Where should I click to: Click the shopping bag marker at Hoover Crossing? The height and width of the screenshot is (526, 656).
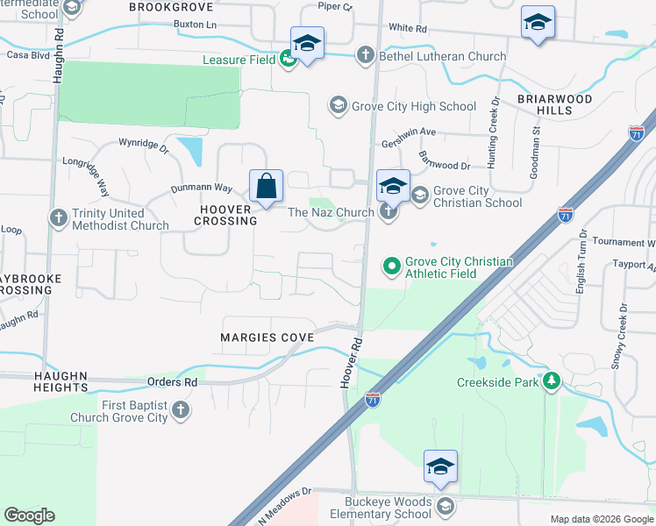click(x=266, y=187)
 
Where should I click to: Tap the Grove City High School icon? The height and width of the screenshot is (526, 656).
click(x=338, y=106)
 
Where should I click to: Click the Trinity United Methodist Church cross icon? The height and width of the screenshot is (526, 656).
click(x=59, y=217)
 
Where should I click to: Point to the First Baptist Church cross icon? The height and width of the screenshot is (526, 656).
click(x=180, y=410)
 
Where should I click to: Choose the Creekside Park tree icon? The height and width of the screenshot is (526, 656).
click(x=551, y=381)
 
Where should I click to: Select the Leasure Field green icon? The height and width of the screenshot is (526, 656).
click(x=288, y=60)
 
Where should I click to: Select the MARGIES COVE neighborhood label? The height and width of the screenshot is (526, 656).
click(x=255, y=338)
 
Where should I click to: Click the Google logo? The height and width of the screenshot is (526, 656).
click(x=30, y=515)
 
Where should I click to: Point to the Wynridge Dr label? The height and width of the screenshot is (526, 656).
click(x=144, y=142)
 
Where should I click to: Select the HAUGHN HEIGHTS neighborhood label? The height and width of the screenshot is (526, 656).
click(x=49, y=380)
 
